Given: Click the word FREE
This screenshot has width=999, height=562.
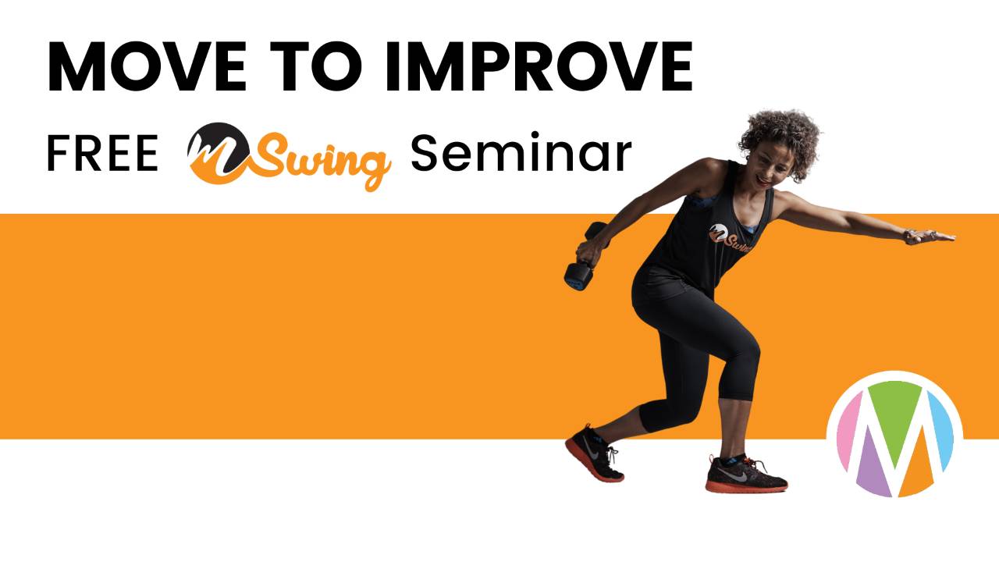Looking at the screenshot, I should (102, 154).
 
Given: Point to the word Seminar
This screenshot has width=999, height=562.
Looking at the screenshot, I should (521, 154).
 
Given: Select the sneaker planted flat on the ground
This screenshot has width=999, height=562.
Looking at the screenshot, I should (745, 474).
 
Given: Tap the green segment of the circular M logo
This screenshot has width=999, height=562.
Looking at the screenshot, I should (894, 406).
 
